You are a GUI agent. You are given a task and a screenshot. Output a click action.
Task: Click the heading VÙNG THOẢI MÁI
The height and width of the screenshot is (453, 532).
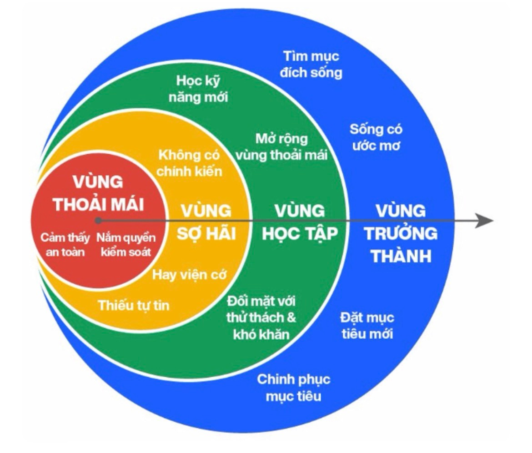[98, 193]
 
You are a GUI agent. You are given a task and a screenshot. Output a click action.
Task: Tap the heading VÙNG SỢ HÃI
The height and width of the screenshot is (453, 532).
[206, 222]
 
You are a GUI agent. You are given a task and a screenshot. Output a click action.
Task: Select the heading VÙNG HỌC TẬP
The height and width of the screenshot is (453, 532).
[300, 222]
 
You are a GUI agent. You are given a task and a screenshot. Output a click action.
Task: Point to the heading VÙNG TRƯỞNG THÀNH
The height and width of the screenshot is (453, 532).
[401, 233]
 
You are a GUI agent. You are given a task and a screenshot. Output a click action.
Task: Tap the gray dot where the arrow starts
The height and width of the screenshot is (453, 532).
[98, 221]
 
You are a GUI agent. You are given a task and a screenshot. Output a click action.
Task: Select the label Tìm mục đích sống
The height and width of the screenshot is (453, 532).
[311, 65]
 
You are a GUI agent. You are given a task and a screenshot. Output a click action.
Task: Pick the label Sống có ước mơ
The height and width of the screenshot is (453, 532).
[376, 137]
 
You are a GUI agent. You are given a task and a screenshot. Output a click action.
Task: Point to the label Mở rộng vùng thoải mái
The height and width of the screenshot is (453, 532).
[281, 146]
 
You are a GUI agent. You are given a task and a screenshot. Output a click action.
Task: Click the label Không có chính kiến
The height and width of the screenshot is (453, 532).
[189, 163]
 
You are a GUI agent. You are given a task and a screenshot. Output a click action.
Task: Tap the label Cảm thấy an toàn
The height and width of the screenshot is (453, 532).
[65, 244]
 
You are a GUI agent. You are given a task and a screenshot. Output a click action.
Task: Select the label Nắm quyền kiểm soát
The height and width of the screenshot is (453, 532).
[126, 244]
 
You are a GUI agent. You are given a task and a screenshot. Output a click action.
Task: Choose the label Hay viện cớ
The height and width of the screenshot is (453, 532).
[189, 275]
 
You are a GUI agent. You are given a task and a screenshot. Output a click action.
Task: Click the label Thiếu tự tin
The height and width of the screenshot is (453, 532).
[134, 305]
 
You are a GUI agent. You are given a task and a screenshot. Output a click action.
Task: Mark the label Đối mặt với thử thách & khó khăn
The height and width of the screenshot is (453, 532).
[261, 317]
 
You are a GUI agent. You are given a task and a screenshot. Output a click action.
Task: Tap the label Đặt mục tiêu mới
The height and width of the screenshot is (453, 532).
[367, 326]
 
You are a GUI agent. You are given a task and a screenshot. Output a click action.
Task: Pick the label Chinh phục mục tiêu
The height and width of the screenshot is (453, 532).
[293, 388]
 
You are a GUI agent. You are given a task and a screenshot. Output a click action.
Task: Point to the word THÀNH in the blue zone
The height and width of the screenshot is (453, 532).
[401, 256]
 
